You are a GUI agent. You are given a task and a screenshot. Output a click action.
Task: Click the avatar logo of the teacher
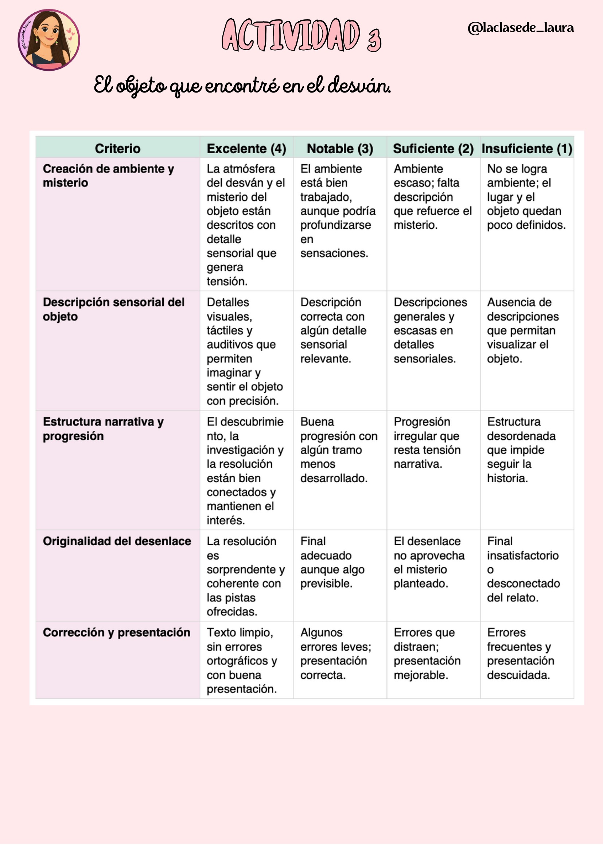click(x=48, y=40)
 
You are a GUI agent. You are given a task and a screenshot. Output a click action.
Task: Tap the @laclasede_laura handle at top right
click(x=521, y=28)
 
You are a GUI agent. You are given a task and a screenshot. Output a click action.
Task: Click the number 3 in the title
click(x=374, y=40)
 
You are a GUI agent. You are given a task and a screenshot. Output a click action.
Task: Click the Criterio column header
click(x=117, y=148)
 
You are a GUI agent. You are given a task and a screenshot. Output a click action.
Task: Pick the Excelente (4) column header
click(x=246, y=148)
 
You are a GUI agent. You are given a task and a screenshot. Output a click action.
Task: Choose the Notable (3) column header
click(x=340, y=148)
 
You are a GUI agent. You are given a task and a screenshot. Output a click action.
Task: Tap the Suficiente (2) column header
click(x=433, y=148)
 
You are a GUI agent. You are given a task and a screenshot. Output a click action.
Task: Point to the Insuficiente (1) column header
click(x=527, y=148)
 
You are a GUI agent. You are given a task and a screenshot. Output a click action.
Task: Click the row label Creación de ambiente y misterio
click(x=108, y=176)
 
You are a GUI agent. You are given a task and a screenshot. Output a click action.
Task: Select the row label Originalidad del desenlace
click(x=117, y=541)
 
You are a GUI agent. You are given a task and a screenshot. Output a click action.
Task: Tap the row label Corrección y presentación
click(x=117, y=632)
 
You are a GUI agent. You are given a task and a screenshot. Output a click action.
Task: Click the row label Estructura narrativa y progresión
click(x=103, y=429)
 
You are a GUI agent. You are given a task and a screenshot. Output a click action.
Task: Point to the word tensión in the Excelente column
click(x=226, y=281)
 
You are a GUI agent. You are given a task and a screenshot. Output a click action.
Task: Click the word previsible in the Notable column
click(x=326, y=583)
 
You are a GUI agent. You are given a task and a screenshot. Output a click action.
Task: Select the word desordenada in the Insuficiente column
click(x=521, y=436)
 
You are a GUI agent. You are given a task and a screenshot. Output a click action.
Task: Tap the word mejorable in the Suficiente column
click(x=421, y=675)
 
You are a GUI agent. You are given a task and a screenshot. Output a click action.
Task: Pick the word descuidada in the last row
click(x=518, y=675)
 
